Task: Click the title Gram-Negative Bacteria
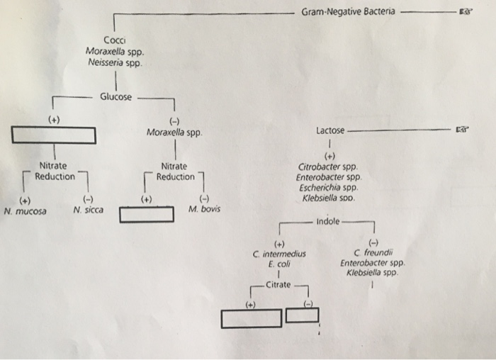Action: [x=349, y=12]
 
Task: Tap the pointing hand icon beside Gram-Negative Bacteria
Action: [x=465, y=13]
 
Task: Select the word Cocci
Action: [x=115, y=40]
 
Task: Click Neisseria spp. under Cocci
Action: [x=114, y=62]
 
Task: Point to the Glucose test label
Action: [x=115, y=97]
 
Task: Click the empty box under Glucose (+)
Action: [x=53, y=135]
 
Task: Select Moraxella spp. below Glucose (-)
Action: [x=174, y=132]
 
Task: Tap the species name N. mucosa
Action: [x=25, y=210]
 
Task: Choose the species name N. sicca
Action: [x=88, y=210]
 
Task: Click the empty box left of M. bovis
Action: [x=146, y=214]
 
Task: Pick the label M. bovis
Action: [x=204, y=210]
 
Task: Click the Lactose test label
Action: [x=330, y=131]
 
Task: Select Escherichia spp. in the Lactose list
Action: [x=329, y=189]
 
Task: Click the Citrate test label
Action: [x=278, y=285]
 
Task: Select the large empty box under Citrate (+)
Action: [x=251, y=319]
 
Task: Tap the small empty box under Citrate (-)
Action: [x=303, y=315]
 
